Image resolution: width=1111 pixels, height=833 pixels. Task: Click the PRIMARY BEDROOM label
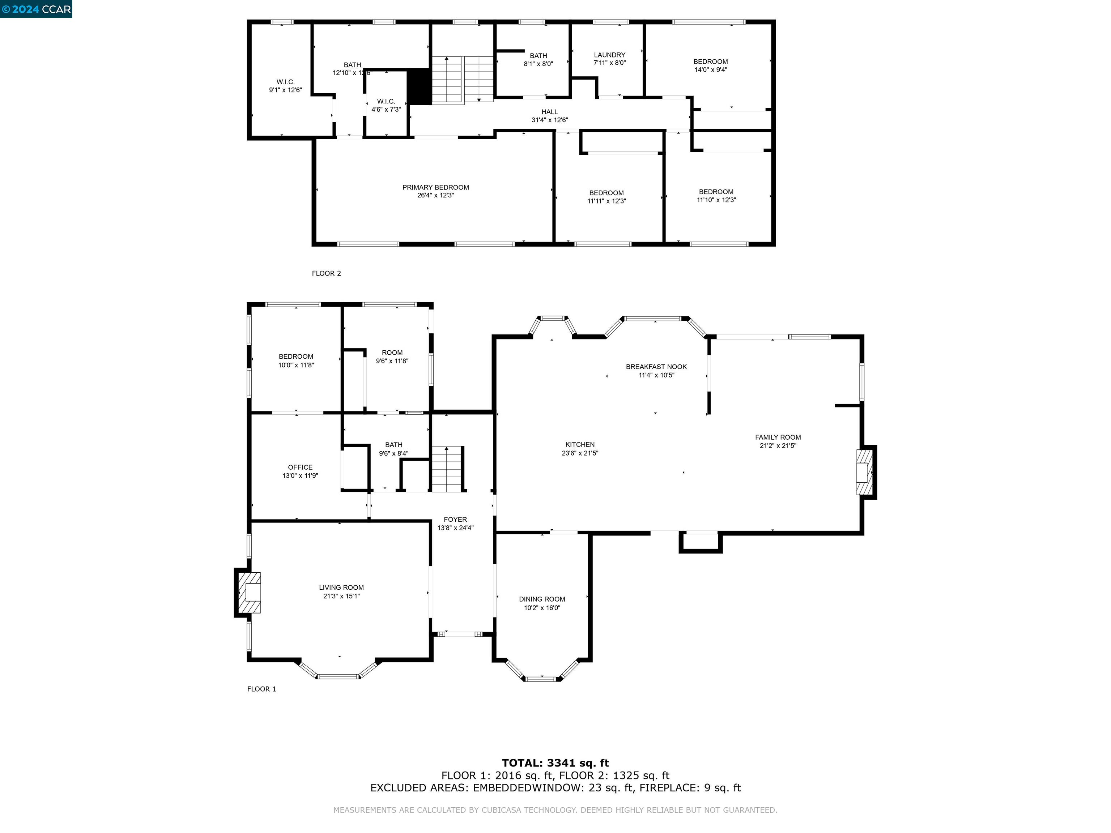pos(435,187)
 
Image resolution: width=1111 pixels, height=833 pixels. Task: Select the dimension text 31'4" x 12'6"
pos(549,120)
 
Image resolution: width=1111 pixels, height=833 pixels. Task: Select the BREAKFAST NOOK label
pos(656,367)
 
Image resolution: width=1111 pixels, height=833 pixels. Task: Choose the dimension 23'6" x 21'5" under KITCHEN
pos(580,453)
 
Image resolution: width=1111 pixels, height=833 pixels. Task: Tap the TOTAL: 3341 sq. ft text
pos(555,764)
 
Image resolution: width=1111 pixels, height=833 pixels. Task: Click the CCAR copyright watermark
pos(36,9)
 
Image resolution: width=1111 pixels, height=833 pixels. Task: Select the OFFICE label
pos(300,467)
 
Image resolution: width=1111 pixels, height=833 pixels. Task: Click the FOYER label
pos(455,520)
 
